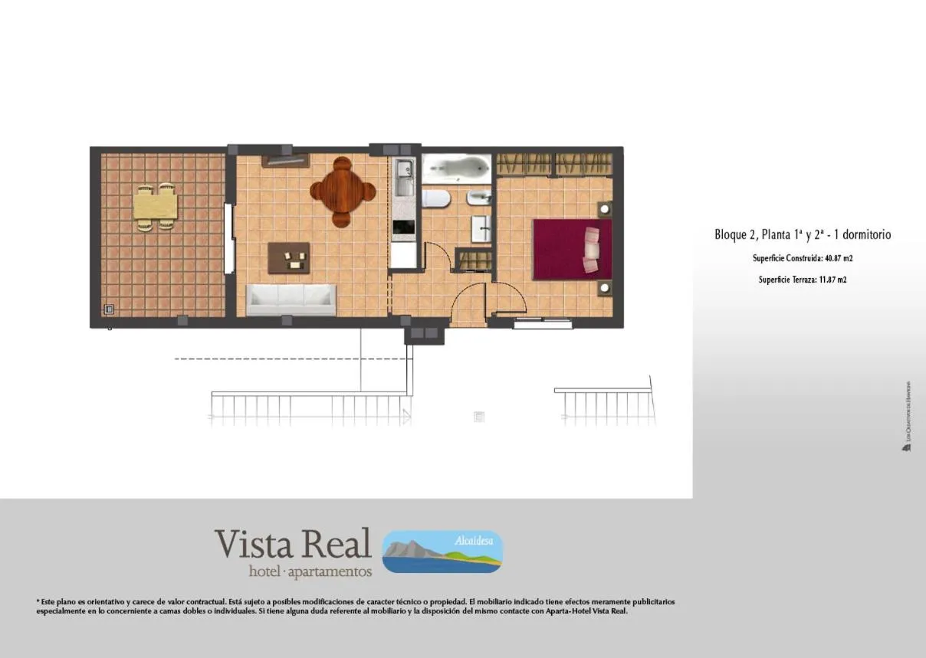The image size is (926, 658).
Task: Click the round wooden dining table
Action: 343,192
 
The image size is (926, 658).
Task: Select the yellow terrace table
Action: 155,206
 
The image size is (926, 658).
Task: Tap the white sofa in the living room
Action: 291,299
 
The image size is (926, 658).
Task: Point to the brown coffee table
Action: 289,258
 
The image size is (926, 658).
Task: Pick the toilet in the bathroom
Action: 435,199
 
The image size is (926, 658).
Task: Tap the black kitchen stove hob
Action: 403,228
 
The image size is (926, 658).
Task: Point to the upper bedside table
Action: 604,209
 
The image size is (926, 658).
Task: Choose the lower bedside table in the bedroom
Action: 604,288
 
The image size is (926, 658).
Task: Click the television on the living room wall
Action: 285,160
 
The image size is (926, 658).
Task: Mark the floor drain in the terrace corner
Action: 109,309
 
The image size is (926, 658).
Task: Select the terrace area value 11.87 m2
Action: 830,280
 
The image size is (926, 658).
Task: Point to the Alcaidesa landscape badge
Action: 442,552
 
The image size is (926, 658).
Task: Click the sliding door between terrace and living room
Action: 229,237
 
